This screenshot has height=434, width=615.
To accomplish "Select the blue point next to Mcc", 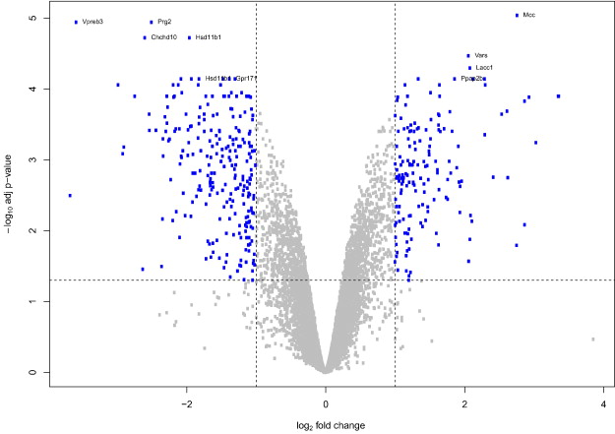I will pos(518,16).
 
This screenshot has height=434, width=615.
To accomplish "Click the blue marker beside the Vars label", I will pos(468,56).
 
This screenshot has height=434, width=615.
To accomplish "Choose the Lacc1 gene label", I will pos(484,67).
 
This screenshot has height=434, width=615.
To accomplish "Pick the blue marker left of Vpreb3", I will pos(76,22).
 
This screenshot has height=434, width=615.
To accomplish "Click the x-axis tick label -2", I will pos(187,403).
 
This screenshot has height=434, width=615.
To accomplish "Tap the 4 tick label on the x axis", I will pos(603,403).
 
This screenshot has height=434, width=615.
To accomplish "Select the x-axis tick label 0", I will pos(326,403).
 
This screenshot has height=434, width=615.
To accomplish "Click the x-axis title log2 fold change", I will pos(326,425).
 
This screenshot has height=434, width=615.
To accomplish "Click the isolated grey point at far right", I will pos(593,339).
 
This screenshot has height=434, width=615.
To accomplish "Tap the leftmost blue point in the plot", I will pos(70,196).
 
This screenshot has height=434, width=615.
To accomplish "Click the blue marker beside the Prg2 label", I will pos(151,22).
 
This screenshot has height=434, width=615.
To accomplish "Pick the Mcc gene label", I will pos(529,16).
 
